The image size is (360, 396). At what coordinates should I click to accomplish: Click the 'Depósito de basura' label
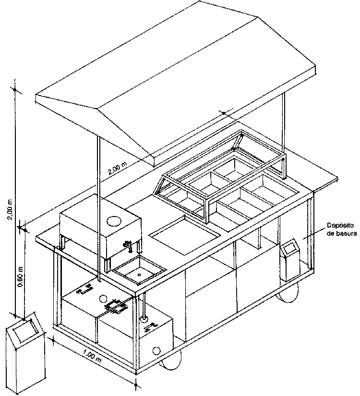(342, 229)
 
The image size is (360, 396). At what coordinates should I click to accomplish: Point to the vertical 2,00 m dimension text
(10, 210)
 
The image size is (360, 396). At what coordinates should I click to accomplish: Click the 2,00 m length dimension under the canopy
(118, 168)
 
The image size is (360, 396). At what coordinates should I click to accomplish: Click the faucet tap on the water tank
(128, 246)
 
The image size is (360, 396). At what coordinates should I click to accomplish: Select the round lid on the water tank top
(114, 221)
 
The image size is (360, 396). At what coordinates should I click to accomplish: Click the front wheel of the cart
(171, 361)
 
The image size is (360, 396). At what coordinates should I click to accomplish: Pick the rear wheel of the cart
(288, 293)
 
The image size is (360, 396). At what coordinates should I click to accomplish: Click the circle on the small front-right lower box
(156, 351)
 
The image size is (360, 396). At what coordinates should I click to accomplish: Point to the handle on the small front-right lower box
(151, 327)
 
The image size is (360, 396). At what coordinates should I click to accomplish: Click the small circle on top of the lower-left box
(103, 299)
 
